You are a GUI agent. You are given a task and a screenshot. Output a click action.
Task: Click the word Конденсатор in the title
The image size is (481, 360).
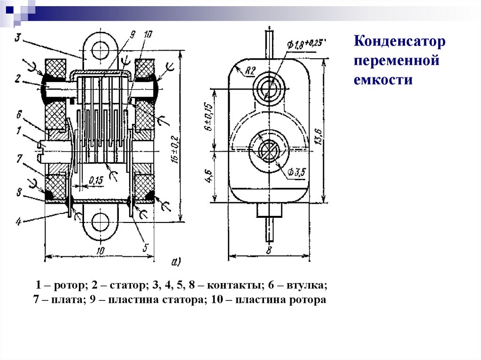(x=399, y=43)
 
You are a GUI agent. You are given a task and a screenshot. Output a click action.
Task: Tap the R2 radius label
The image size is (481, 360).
(x=249, y=71)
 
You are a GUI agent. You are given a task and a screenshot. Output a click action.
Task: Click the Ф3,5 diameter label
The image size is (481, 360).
(x=296, y=173)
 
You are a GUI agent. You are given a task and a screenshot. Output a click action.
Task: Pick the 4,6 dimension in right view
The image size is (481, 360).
(x=209, y=177)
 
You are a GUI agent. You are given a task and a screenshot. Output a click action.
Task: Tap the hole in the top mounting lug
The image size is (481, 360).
(x=100, y=50)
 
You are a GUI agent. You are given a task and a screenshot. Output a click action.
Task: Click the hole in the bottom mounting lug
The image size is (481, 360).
(x=100, y=223)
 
